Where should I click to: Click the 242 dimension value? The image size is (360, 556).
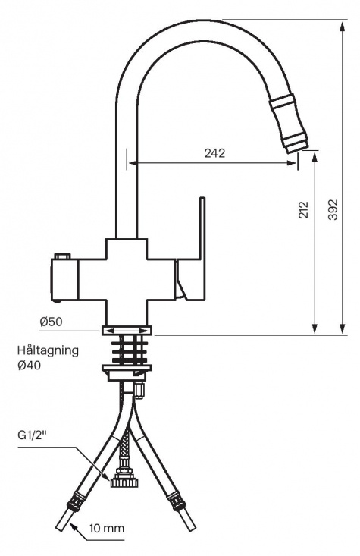pyautogui.click(x=214, y=153)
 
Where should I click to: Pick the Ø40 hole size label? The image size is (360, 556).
pyautogui.click(x=29, y=365)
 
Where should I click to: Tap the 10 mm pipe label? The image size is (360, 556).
pyautogui.click(x=106, y=527)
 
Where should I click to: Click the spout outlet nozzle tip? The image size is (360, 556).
pyautogui.click(x=297, y=142)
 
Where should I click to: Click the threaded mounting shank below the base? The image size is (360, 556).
pyautogui.click(x=127, y=350)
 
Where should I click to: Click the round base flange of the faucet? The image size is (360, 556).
pyautogui.click(x=127, y=330)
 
